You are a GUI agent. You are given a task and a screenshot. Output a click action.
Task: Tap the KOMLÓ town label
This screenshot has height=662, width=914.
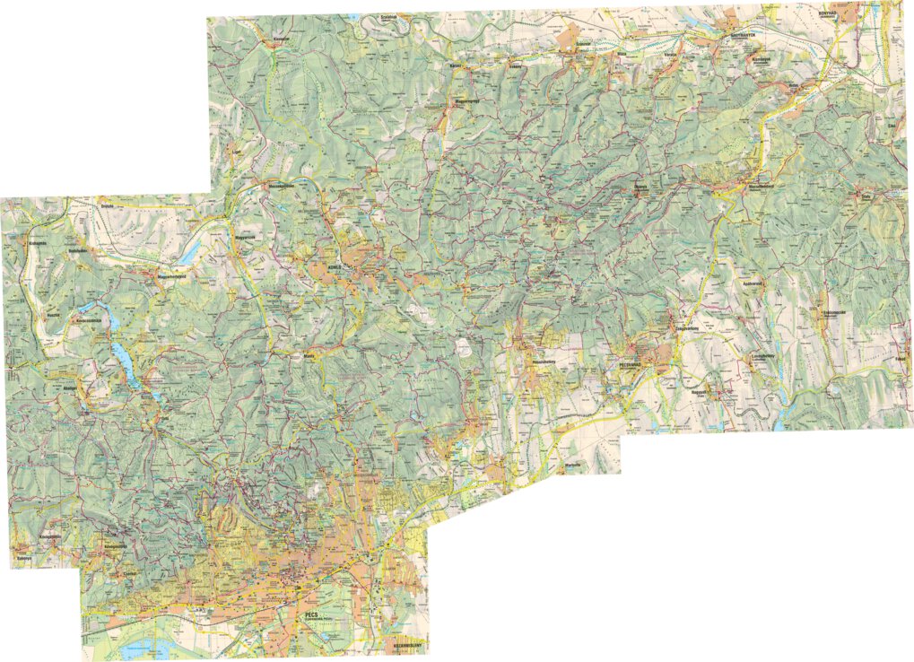(x=336, y=267)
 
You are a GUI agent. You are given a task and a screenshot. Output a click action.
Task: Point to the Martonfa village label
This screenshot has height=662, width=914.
(x=573, y=466)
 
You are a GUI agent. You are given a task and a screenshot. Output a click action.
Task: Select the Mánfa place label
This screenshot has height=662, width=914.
(x=312, y=356)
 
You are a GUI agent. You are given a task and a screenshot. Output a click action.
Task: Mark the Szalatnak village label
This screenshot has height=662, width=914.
(x=387, y=16)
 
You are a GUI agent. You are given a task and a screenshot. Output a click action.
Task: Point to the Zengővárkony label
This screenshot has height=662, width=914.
(x=686, y=329)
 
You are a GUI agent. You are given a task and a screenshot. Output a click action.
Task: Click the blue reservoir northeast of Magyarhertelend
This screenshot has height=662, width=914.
(x=193, y=255)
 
